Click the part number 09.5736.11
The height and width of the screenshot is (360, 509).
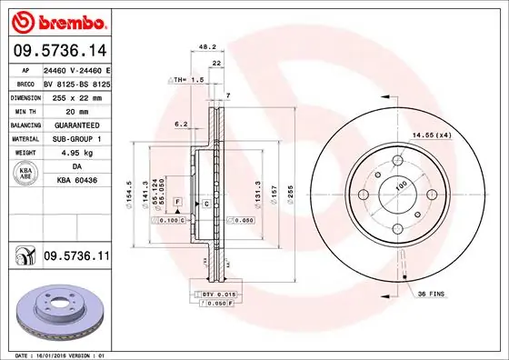(x=76, y=257)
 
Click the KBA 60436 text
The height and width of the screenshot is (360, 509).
(x=76, y=181)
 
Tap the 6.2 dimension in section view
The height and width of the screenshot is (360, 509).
(x=180, y=124)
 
